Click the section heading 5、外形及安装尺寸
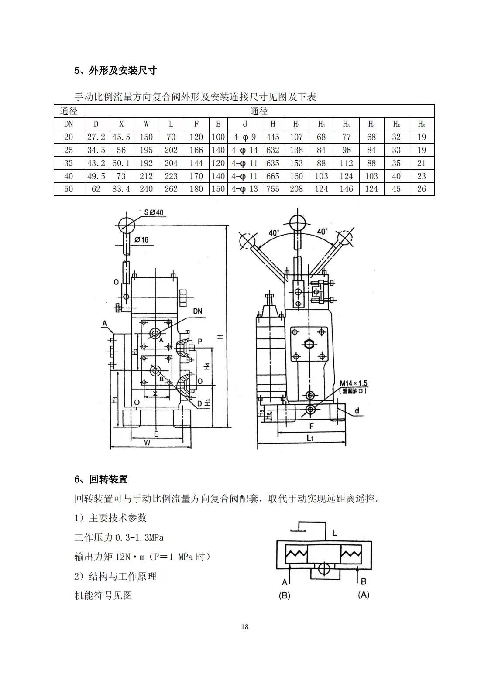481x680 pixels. (x=115, y=70)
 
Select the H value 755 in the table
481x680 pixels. (x=272, y=189)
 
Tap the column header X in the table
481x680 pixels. (x=121, y=124)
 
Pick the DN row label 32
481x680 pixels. (x=69, y=163)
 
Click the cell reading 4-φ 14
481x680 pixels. (x=244, y=150)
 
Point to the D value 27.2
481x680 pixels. (x=96, y=137)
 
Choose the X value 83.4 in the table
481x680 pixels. (x=121, y=189)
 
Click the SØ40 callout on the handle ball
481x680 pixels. (x=154, y=212)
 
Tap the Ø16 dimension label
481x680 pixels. (x=141, y=239)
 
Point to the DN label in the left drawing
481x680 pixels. (x=197, y=311)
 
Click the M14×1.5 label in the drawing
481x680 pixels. (x=353, y=383)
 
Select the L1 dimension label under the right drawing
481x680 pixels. (x=310, y=438)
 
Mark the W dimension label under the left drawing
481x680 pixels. (x=147, y=443)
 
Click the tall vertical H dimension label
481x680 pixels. (x=221, y=336)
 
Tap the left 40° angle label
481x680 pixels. (x=274, y=233)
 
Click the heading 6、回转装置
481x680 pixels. (x=101, y=479)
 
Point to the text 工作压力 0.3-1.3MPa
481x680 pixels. (x=119, y=537)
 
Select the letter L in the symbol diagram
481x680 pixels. (x=334, y=533)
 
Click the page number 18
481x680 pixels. (x=244, y=627)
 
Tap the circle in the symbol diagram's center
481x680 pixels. (x=324, y=569)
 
